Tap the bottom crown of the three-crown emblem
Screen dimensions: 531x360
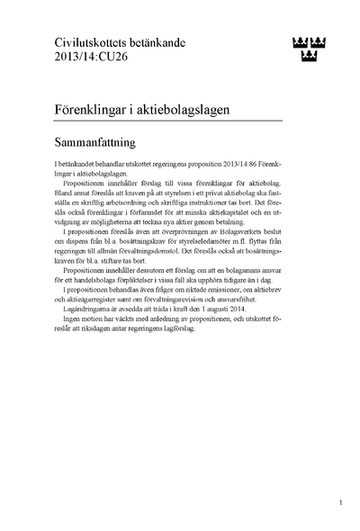click(x=309, y=57)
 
